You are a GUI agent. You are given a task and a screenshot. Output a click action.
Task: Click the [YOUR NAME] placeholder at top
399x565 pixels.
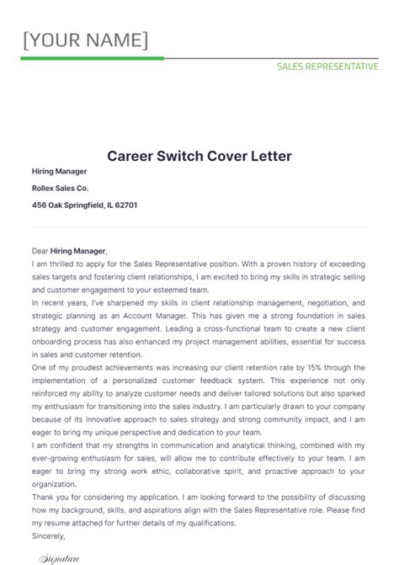coord(85,40)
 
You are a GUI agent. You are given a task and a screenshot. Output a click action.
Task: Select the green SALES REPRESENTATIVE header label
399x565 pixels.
coord(327,67)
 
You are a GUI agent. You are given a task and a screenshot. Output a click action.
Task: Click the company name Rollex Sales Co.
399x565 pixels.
coord(60,188)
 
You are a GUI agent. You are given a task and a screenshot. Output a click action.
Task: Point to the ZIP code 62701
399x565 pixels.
coord(126,205)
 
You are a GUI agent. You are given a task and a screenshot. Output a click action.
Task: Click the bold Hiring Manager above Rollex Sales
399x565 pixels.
coord(59,171)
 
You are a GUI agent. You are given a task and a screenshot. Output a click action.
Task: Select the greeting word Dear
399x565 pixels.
coord(40,251)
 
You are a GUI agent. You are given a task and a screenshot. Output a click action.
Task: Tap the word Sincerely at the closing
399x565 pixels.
coord(49,535)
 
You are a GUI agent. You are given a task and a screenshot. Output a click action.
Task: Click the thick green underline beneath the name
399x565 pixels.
coord(92,59)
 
